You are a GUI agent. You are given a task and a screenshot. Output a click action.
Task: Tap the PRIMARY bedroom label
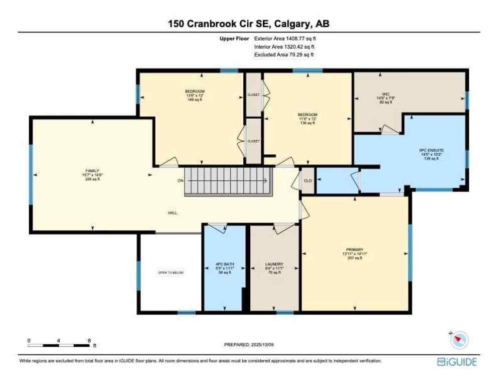click(x=354, y=250)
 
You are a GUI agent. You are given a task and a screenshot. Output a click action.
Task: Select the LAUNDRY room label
click(x=274, y=264)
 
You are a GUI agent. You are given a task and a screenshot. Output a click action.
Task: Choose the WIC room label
click(x=386, y=94)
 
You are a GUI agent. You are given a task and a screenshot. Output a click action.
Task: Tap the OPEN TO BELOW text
click(x=171, y=272)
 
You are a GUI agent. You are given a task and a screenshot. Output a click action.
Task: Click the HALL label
click(x=172, y=213)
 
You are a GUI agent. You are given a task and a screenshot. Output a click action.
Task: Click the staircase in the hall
click(x=228, y=181)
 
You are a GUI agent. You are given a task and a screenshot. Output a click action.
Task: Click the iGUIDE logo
click(x=456, y=362)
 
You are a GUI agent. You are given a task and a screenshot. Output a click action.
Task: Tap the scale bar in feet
click(x=59, y=345)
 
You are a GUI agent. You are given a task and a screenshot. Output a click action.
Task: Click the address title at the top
click(x=249, y=24)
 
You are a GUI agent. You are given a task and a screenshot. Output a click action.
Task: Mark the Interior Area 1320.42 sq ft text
click(x=284, y=46)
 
